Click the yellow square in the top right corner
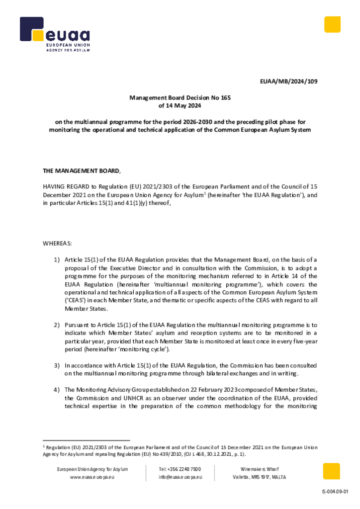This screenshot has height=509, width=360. (x=332, y=24)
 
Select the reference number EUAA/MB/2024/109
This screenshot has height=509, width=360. (x=289, y=82)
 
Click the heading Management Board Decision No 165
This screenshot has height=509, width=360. (x=180, y=98)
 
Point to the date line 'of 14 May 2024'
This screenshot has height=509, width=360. (x=180, y=106)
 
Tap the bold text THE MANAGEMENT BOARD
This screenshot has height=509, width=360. (x=81, y=171)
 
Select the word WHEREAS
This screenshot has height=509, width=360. (x=57, y=244)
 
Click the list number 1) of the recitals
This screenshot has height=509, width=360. (x=57, y=260)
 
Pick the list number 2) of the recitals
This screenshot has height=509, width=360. (x=57, y=325)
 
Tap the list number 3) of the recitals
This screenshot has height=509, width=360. (x=57, y=365)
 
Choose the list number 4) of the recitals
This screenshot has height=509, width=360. (x=57, y=390)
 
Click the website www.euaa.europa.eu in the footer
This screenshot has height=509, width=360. (x=92, y=477)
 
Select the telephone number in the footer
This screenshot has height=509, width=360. (x=180, y=469)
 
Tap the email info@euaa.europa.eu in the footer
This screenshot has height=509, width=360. (x=180, y=477)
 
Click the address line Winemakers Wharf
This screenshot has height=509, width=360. (x=260, y=469)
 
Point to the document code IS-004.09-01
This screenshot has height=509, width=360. (x=336, y=492)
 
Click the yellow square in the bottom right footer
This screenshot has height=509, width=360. (x=332, y=471)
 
